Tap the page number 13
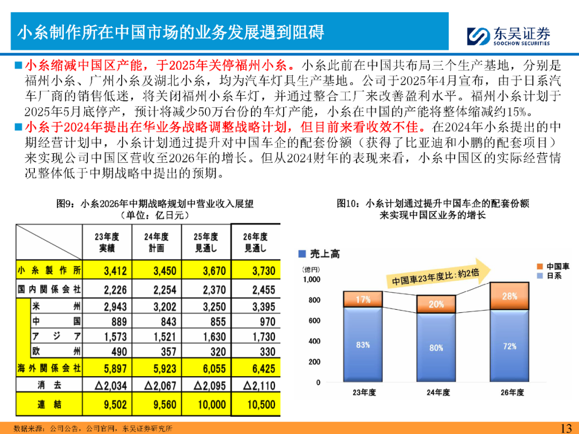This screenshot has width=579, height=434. (566, 428)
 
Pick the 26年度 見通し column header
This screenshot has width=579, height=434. (256, 242)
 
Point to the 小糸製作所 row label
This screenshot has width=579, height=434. (49, 271)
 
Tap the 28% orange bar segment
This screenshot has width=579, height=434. (509, 296)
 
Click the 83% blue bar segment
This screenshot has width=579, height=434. (363, 345)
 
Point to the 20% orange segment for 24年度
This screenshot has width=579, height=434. (436, 304)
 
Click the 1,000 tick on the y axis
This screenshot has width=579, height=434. (311, 279)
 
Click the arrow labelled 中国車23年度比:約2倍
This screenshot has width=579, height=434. (440, 273)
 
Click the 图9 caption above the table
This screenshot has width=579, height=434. (155, 204)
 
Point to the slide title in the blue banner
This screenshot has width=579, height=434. (172, 32)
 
